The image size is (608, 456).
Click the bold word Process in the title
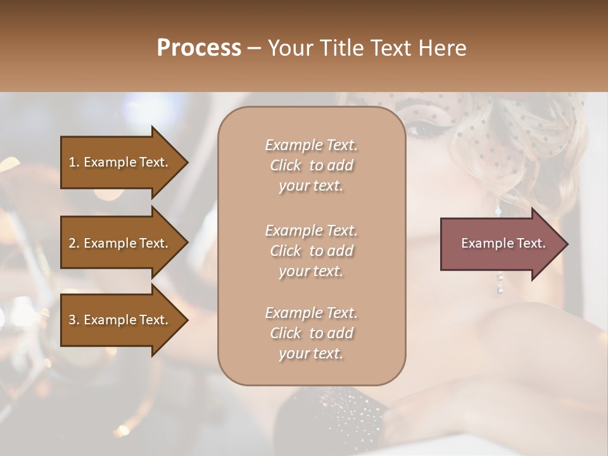click(199, 48)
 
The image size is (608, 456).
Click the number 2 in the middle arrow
click(73, 243)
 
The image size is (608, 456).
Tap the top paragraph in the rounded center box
click(311, 165)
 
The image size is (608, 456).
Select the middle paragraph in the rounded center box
click(311, 251)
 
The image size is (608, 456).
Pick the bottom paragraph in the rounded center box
click(311, 333)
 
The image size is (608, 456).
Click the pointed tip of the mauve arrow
click(566, 244)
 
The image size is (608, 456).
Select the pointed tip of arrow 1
click(186, 162)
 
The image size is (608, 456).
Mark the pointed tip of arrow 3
click(186, 320)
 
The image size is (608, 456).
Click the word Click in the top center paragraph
click(286, 165)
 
